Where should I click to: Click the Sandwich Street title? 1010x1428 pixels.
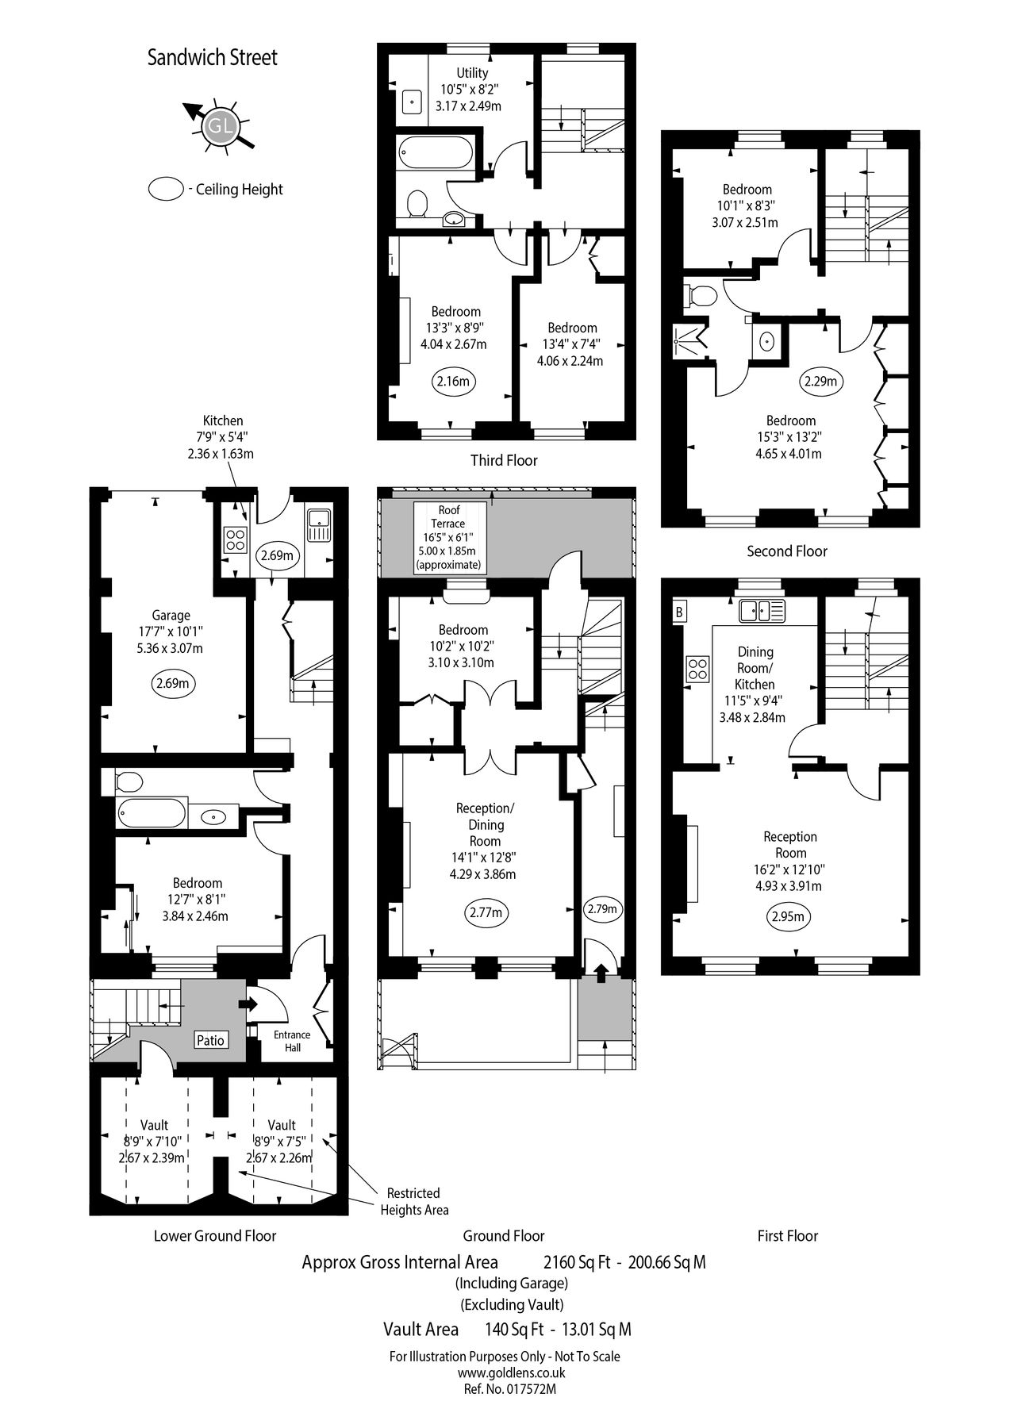point(213,58)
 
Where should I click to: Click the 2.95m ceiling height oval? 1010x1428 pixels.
point(789,918)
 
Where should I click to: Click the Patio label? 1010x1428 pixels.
point(210,1040)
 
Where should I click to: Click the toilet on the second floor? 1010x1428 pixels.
point(701,296)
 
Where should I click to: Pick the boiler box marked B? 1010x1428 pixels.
point(679,612)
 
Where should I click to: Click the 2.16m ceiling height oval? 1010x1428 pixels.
point(453,382)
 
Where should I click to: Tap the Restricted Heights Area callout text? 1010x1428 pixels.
point(413,1201)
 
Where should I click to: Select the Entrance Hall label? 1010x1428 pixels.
point(292,1041)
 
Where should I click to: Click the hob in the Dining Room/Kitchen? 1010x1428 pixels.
point(697,668)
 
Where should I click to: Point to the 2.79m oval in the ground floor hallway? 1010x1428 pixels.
point(601,909)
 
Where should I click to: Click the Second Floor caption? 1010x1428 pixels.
point(786,551)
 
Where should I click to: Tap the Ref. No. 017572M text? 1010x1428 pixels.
point(504,1389)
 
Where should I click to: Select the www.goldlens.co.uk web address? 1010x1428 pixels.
point(504,1373)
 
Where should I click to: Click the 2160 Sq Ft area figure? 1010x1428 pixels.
point(577,1261)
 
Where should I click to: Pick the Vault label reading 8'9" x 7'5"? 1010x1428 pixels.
point(282,1141)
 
